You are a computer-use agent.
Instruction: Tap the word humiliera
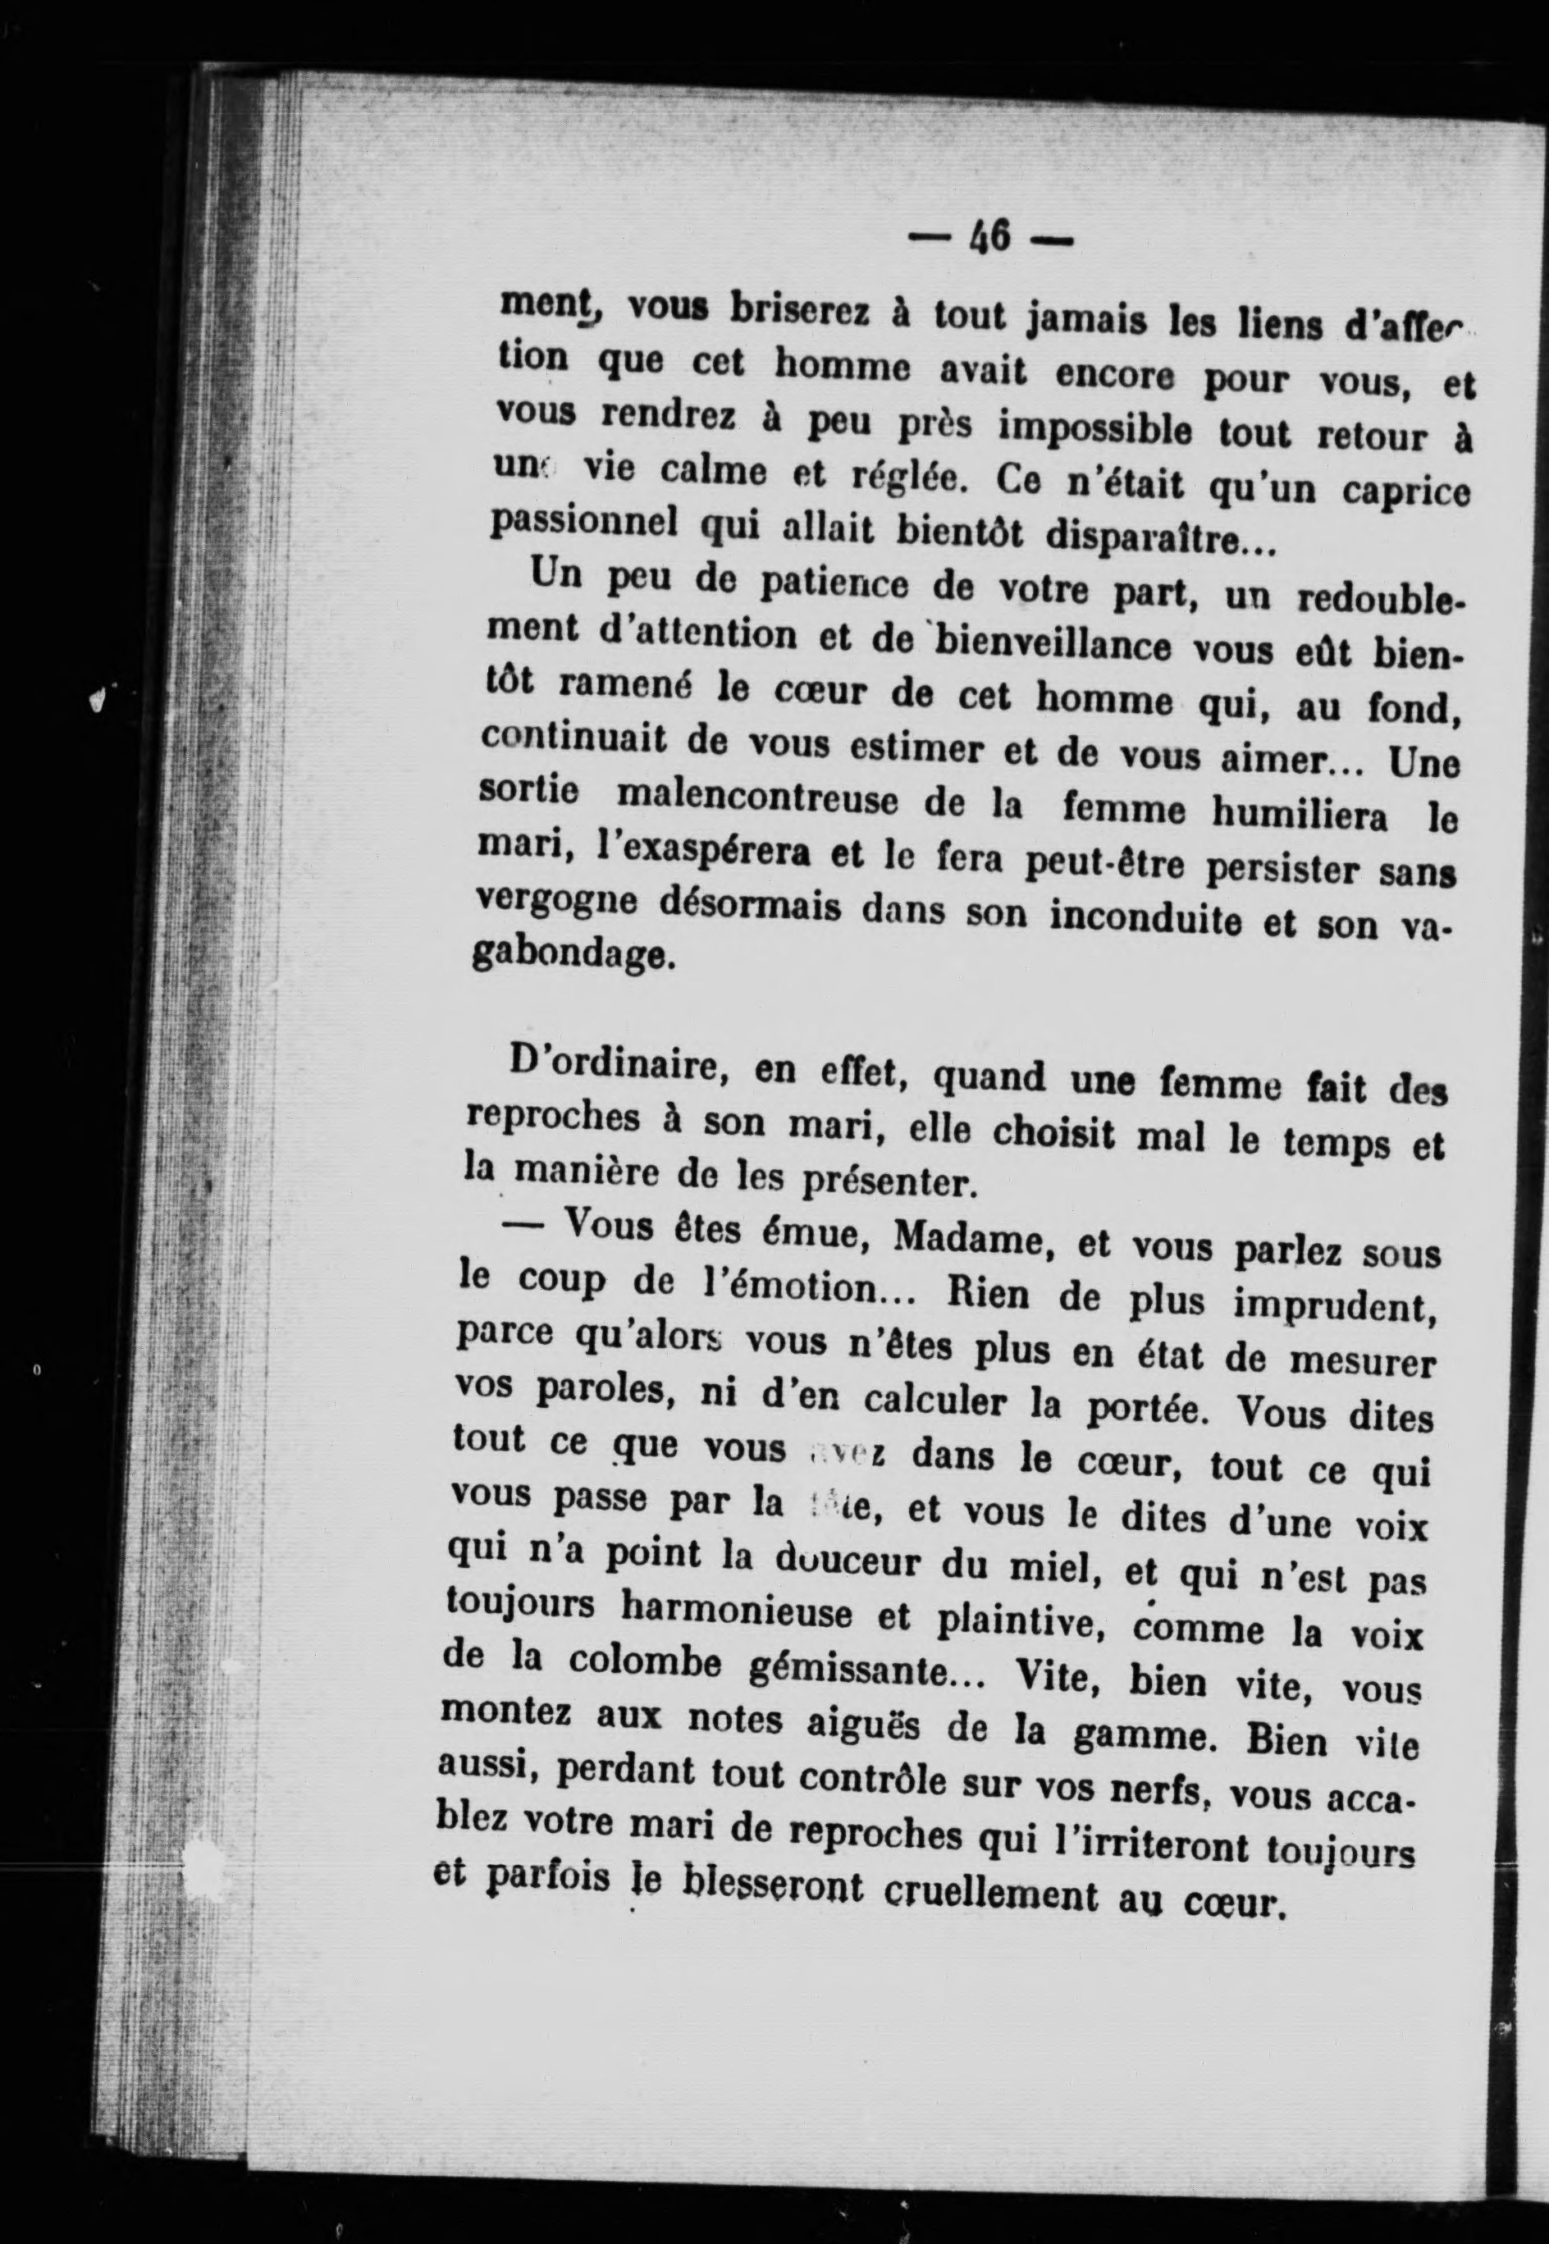(1300, 816)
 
